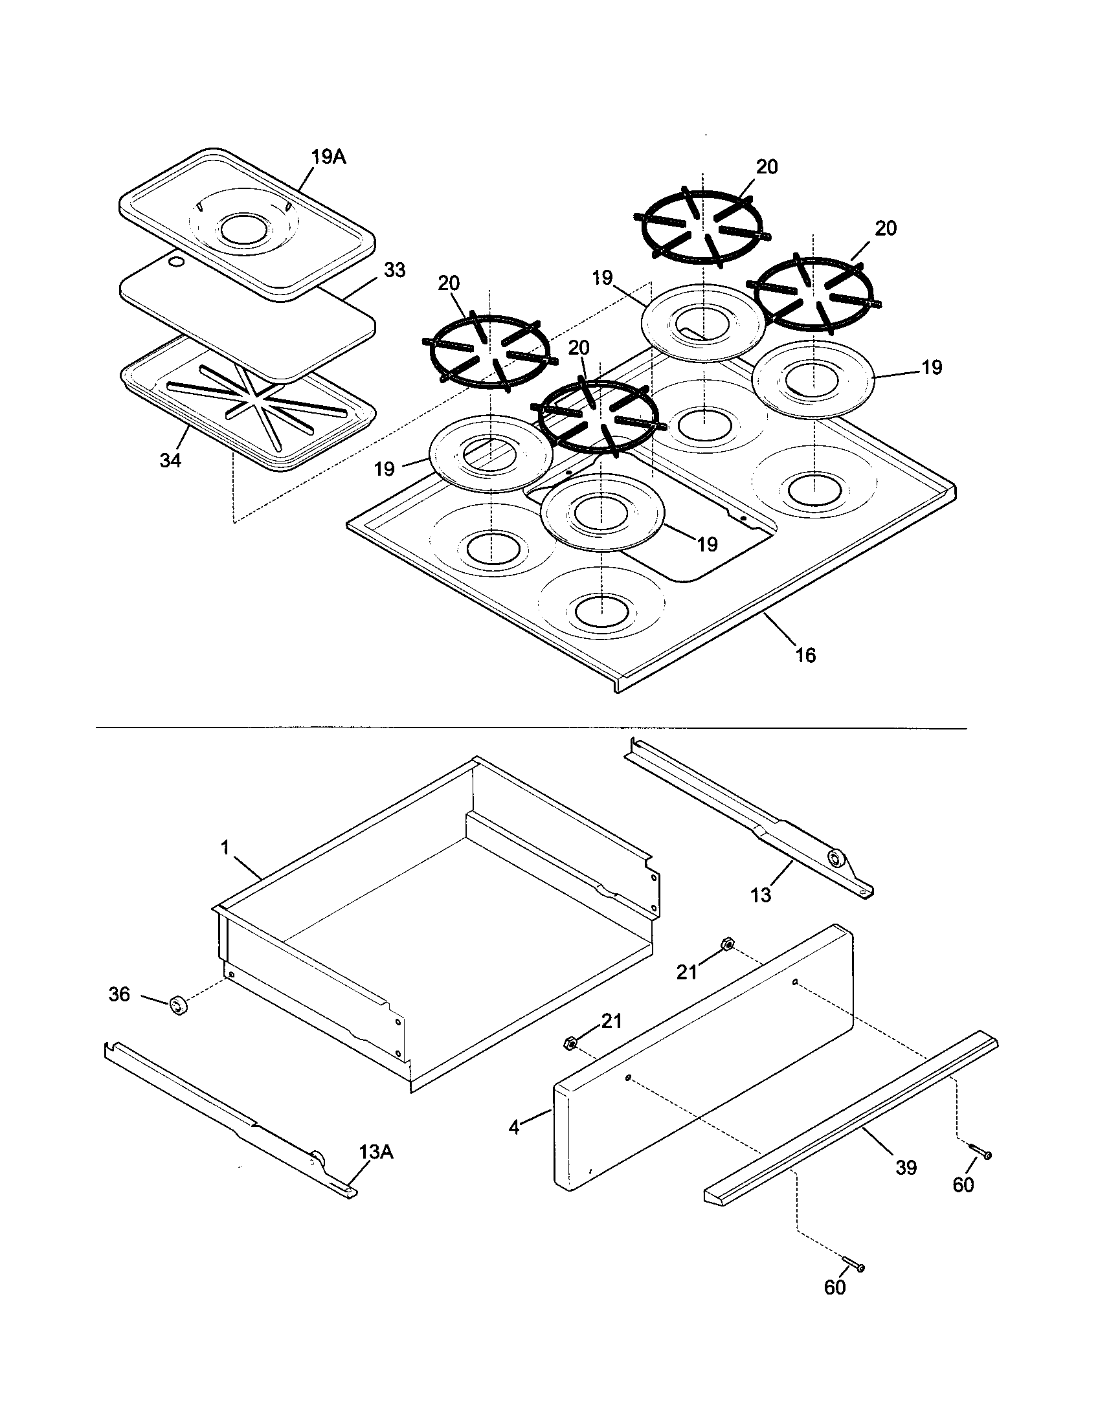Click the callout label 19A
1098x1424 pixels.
click(328, 157)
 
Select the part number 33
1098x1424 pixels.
click(394, 269)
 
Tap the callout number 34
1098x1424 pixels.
click(170, 460)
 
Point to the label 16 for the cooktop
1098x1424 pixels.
click(806, 655)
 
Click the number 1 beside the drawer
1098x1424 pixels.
click(225, 848)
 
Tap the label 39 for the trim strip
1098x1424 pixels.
click(906, 1167)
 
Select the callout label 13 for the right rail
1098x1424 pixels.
click(760, 895)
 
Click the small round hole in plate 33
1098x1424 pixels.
click(174, 262)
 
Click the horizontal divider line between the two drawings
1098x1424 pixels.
click(532, 728)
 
